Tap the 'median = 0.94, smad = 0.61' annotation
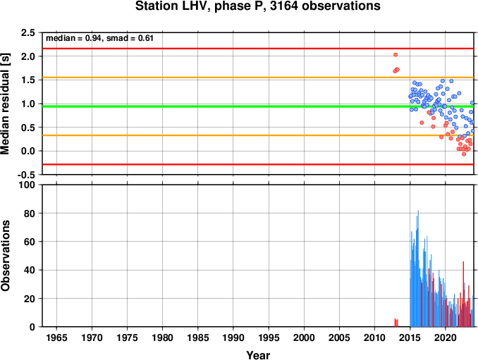tap(99, 38)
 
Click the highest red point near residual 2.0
tap(396, 55)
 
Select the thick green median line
tap(258, 106)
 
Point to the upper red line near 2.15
tap(258, 49)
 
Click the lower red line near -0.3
tap(258, 164)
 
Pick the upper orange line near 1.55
tap(258, 77)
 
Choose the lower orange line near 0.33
tap(258, 135)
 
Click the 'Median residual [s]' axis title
tap(5, 104)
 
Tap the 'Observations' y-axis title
tap(5, 256)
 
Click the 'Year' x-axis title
tap(258, 355)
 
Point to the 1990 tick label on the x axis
tap(233, 337)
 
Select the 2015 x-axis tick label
tap(410, 337)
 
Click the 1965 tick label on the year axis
tap(56, 337)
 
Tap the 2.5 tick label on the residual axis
tap(27, 32)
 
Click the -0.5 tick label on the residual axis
tap(26, 175)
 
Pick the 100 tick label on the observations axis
tap(27, 185)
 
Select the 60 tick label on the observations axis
tap(30, 242)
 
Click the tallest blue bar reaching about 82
tap(418, 268)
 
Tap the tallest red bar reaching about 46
tap(463, 294)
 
